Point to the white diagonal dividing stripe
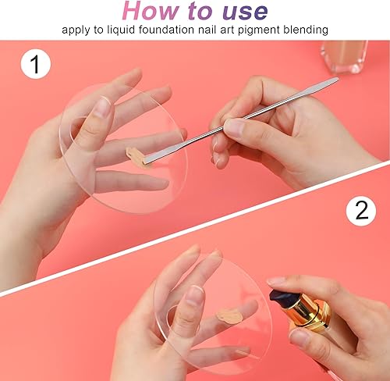tap(195, 226)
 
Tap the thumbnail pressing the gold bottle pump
tap(277, 281)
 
